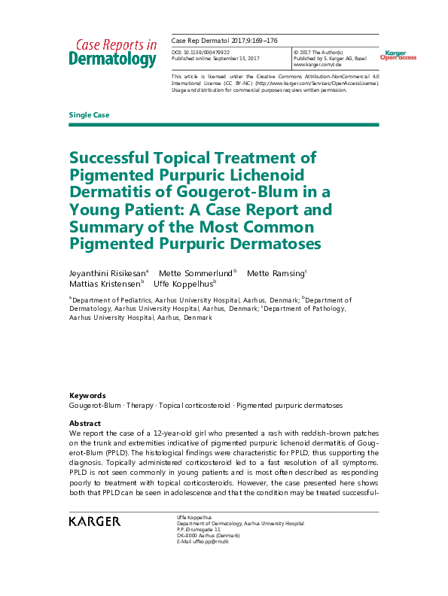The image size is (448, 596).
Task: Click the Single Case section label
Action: [x=89, y=115]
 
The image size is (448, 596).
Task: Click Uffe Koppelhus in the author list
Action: [x=184, y=284]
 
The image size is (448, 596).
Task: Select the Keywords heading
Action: [x=87, y=396]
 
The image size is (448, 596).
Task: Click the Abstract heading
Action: [x=84, y=424]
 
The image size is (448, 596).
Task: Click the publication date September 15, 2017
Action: [x=238, y=58]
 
